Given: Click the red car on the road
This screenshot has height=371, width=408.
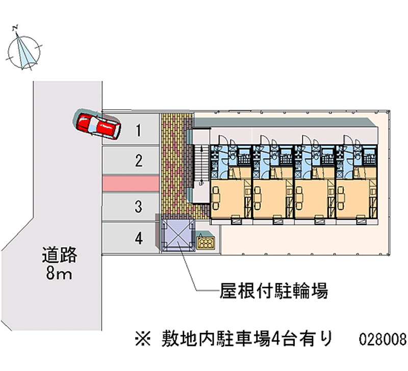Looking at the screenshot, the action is tap(98, 125).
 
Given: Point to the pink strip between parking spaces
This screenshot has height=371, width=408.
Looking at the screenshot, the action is tap(131, 184).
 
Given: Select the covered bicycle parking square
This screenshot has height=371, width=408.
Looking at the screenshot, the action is tap(177, 234).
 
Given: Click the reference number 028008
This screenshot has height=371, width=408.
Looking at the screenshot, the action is tap(382, 338).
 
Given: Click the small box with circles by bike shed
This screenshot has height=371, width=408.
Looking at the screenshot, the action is tap(206, 243).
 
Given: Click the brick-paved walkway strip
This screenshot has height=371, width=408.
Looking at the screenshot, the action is tap(174, 163).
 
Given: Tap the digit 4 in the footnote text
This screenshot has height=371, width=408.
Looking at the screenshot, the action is tap(276, 338).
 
